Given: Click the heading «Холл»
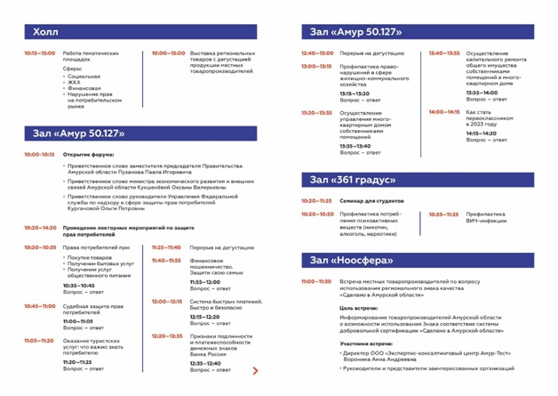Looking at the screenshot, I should [45, 32].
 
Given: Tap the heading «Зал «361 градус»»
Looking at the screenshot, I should [353, 181].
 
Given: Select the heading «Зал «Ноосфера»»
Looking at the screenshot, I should [351, 260].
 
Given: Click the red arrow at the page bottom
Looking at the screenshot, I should [256, 370].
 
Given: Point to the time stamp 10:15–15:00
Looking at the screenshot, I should [40, 53].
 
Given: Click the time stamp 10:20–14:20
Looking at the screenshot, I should [40, 227].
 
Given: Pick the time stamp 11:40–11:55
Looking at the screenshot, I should [166, 261].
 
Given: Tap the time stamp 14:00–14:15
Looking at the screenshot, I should [444, 112].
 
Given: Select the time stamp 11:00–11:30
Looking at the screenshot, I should [316, 281].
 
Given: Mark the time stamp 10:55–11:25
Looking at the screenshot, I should [444, 214].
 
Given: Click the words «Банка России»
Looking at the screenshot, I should [211, 355].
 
